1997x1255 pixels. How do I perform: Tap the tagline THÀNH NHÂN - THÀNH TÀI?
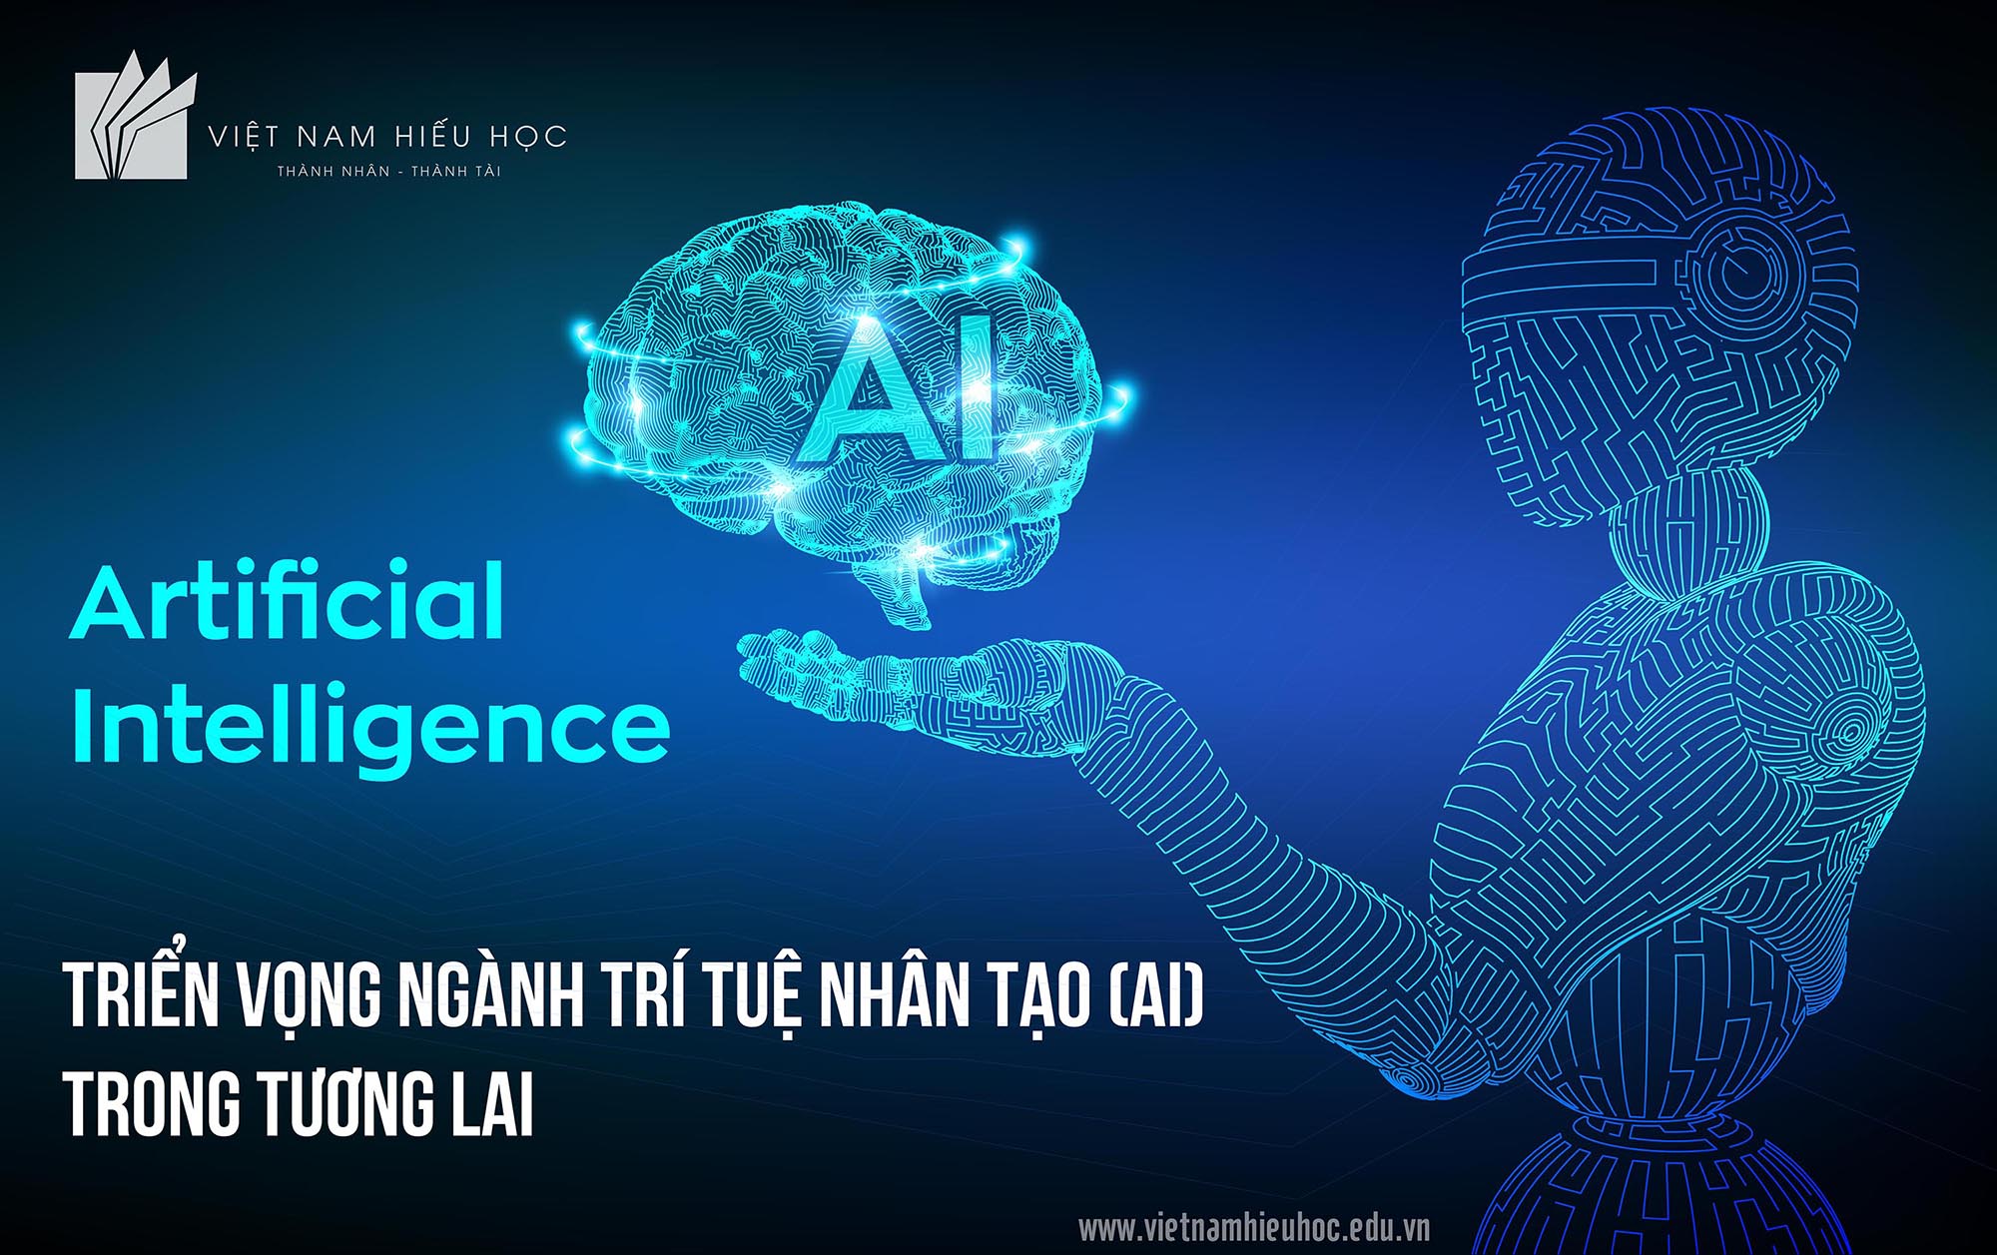pos(389,172)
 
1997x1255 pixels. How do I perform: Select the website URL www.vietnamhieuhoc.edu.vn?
pos(1254,1227)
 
